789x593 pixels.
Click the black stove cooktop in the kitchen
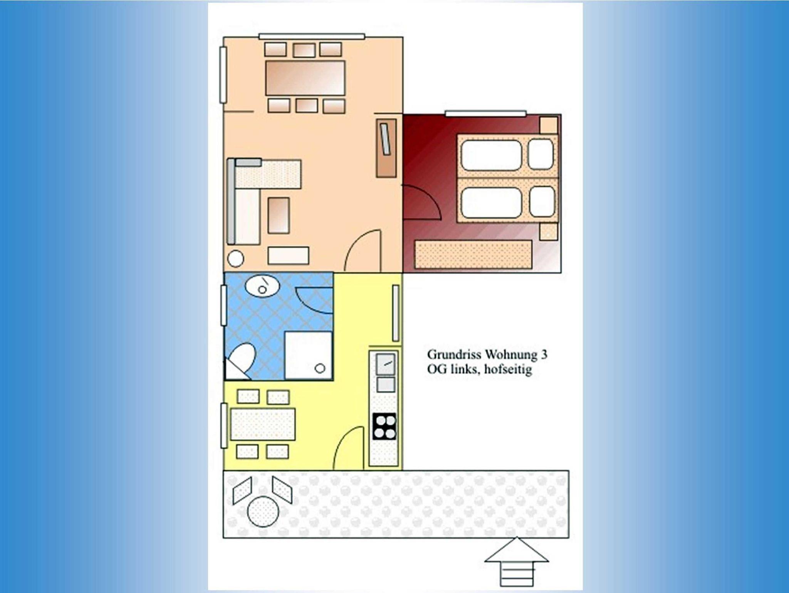point(384,426)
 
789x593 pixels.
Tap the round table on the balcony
point(263,511)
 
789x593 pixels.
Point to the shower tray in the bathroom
point(309,355)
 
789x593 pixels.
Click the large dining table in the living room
point(305,78)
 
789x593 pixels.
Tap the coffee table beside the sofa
point(279,215)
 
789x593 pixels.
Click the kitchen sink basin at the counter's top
point(385,364)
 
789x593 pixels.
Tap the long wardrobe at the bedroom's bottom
point(473,254)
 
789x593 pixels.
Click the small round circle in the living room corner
point(235,259)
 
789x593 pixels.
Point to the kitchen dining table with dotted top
point(263,424)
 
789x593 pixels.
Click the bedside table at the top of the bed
point(549,125)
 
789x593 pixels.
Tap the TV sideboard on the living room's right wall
point(386,148)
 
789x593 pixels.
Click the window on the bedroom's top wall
point(485,113)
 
